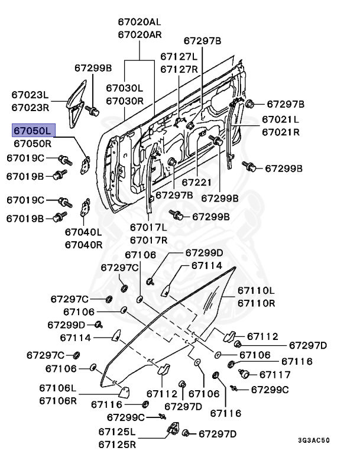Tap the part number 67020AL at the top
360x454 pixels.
tap(139, 22)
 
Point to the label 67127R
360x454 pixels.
tap(179, 69)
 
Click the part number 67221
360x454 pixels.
tap(196, 183)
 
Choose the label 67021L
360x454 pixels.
tap(280, 119)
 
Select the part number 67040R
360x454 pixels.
tap(83, 244)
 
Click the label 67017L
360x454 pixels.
tap(148, 227)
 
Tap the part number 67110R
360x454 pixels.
tap(256, 303)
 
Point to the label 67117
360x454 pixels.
tap(275, 374)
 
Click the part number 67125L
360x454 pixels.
tap(117, 432)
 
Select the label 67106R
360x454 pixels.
tap(58, 400)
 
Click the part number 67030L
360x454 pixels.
tap(125, 87)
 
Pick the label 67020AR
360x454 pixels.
tap(139, 34)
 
